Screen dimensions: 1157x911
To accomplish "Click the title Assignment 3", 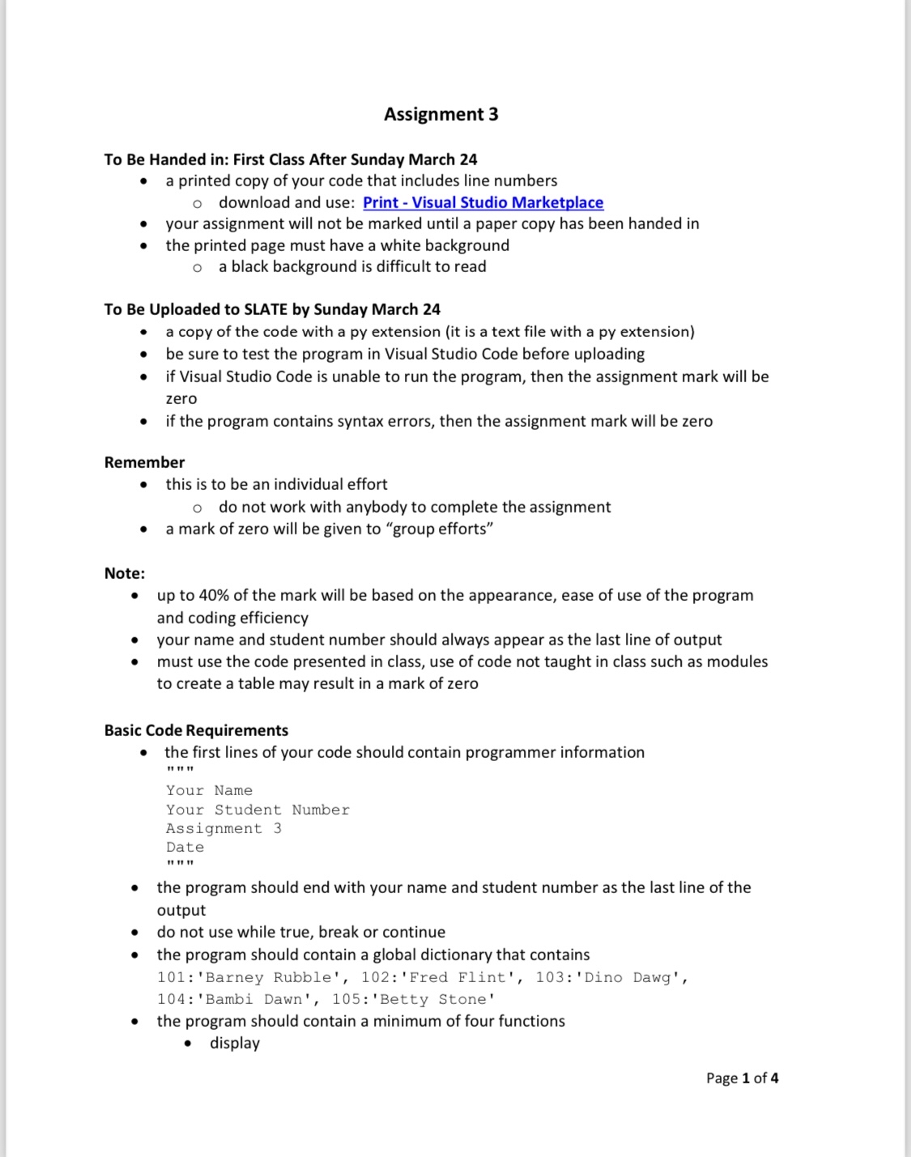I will pos(441,114).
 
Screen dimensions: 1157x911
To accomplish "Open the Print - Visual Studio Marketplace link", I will pos(483,202).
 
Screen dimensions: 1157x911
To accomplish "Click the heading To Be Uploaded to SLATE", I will pos(272,309).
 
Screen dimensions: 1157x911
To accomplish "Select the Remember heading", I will pos(144,462).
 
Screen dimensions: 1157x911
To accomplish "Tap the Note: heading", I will pos(125,573).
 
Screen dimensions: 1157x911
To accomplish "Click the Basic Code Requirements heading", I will pos(196,730).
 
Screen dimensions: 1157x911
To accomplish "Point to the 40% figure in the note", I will pos(213,595).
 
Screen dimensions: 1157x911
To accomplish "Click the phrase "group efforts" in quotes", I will pos(442,529).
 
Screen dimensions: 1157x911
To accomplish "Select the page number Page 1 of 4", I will pos(742,1078).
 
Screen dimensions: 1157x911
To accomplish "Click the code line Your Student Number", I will pos(258,810).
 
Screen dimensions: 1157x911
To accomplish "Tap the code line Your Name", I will pos(209,790).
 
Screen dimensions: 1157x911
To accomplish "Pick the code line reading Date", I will pos(185,847).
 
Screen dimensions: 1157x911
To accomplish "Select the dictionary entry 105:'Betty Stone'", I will pos(413,999).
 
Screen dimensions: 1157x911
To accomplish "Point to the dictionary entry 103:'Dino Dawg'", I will pos(611,977).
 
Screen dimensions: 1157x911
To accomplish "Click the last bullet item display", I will pos(235,1043).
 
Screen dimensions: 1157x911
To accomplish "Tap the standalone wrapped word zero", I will pos(181,398).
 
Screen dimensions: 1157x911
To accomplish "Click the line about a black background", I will pos(351,266).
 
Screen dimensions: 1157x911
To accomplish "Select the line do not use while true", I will pos(300,932).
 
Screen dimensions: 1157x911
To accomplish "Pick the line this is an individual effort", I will pos(276,484).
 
